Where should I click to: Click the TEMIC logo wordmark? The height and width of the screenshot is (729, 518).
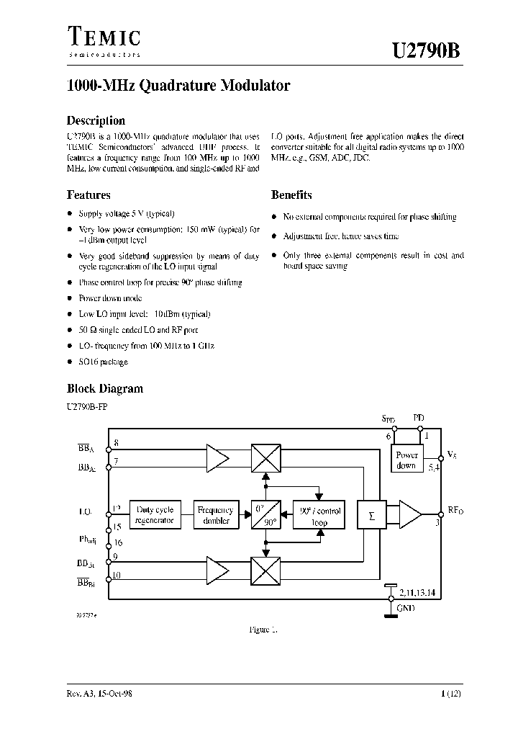coord(104,38)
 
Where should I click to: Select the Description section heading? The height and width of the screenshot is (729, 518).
coord(96,121)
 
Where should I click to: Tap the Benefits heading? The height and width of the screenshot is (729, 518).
coord(291,194)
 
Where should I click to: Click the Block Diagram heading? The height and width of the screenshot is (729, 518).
coord(105,388)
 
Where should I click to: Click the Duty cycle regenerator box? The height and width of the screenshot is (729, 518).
coord(155,514)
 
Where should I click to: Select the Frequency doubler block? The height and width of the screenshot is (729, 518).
coord(216,514)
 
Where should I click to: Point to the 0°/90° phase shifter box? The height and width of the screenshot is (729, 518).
coord(265,514)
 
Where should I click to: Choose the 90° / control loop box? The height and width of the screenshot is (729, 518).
coord(321,514)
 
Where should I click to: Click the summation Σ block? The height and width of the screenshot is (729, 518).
coord(372,515)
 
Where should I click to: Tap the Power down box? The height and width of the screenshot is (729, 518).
coord(407,460)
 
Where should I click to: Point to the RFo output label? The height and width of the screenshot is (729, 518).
coord(455,510)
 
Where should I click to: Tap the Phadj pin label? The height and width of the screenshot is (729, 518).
coord(88,540)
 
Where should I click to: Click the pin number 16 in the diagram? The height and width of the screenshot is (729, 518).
coord(118,542)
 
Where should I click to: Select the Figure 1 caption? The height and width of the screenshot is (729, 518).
coord(263,629)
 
